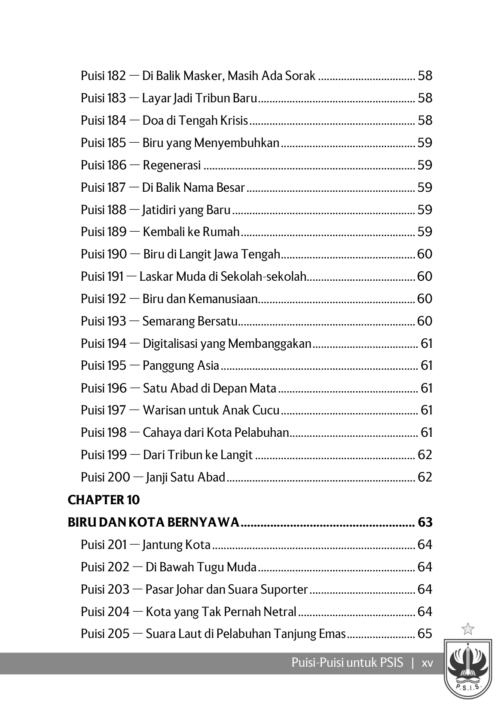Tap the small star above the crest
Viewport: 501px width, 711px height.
pos(467,629)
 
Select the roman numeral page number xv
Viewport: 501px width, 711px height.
pos(427,663)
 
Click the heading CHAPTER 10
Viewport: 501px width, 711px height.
pos(104,500)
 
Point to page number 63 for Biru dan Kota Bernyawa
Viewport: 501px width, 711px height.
pos(425,522)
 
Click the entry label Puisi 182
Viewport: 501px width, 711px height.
pos(103,76)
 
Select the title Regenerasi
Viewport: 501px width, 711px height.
pos(171,165)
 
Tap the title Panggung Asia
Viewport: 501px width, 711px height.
pos(180,366)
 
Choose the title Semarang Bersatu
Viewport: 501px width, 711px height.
pos(189,321)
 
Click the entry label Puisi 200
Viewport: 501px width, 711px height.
pos(105,477)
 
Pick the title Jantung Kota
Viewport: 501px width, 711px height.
pos(176,545)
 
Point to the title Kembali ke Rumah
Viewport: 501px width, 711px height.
pos(191,232)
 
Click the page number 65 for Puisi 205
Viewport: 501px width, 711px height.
pos(425,634)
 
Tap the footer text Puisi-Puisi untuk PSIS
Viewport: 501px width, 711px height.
pos(347,663)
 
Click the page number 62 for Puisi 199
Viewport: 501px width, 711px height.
pos(425,455)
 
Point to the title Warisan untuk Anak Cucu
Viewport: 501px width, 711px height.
pos(211,410)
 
